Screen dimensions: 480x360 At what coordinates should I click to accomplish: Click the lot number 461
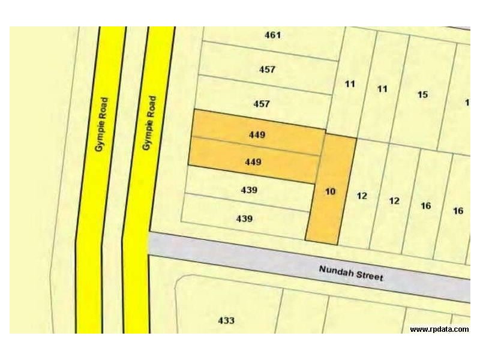tap(272, 35)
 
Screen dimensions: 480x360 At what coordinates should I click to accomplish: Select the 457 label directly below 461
tap(267, 70)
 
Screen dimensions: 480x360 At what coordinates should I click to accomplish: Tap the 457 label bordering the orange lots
tap(262, 104)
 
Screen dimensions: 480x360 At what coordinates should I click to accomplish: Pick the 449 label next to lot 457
tap(257, 135)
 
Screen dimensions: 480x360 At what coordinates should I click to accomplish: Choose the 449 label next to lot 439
tap(253, 162)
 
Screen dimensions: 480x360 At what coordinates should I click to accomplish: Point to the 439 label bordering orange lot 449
tap(248, 190)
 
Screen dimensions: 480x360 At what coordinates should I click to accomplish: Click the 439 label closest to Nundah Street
tap(244, 219)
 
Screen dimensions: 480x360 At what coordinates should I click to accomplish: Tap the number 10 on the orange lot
tap(330, 192)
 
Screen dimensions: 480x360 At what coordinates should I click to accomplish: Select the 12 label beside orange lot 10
tap(361, 196)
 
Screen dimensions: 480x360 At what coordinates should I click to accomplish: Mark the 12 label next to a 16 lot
tap(394, 201)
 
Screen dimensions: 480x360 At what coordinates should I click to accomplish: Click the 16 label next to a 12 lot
tap(426, 206)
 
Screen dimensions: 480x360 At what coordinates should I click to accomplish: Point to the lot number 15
tap(422, 94)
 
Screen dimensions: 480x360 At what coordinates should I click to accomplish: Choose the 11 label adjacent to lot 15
tap(382, 89)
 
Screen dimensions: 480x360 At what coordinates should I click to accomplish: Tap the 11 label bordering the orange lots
tap(350, 84)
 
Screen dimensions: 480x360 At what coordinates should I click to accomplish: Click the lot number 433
tap(226, 321)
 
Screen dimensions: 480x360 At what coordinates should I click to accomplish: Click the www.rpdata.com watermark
tap(439, 329)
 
